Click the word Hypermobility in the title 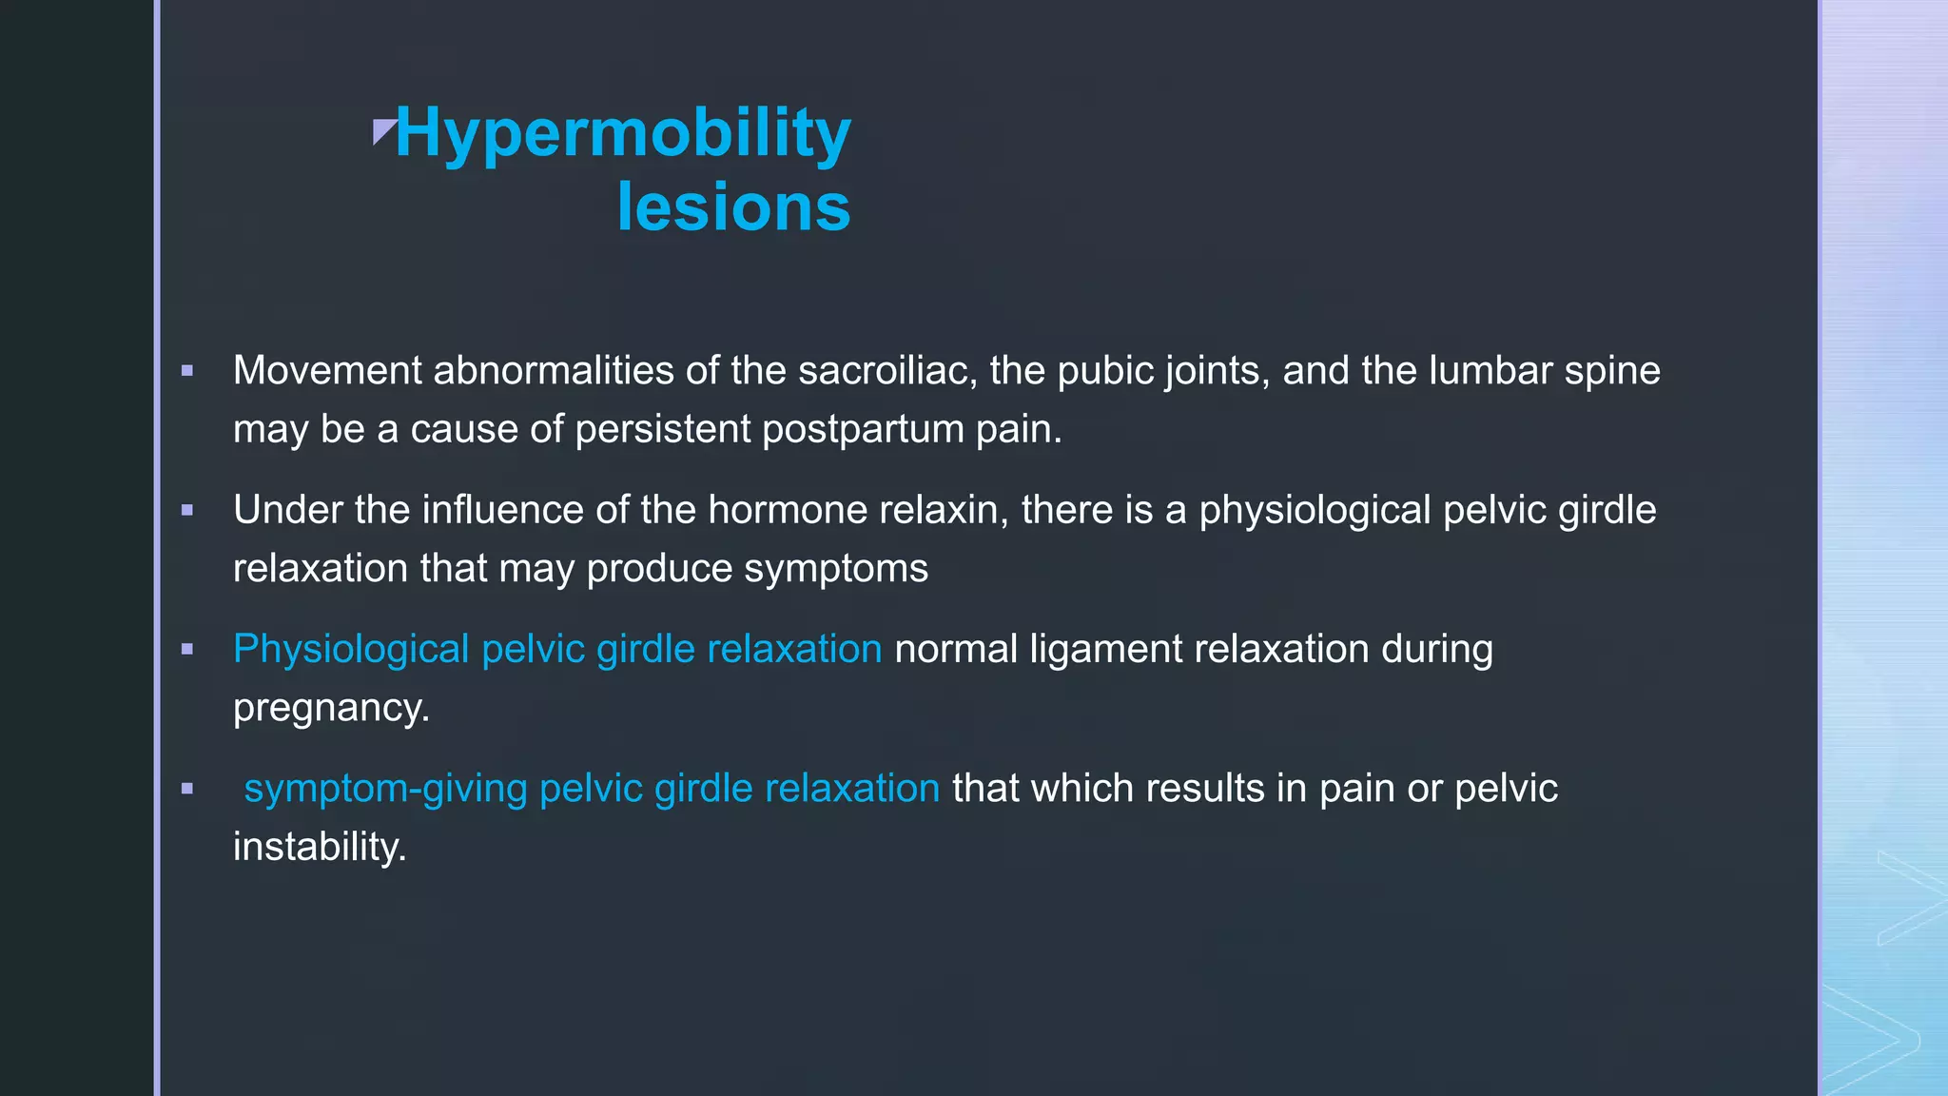pyautogui.click(x=623, y=133)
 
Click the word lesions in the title pyautogui.click(x=733, y=207)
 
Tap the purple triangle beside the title pyautogui.click(x=383, y=131)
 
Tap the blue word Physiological pyautogui.click(x=351, y=650)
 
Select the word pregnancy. pyautogui.click(x=331, y=708)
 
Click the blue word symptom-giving pyautogui.click(x=385, y=789)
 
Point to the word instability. pyautogui.click(x=320, y=847)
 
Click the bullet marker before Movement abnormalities pyautogui.click(x=187, y=371)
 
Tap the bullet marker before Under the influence pyautogui.click(x=187, y=511)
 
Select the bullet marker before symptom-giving pyautogui.click(x=187, y=789)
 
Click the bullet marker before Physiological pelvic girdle pyautogui.click(x=187, y=650)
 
